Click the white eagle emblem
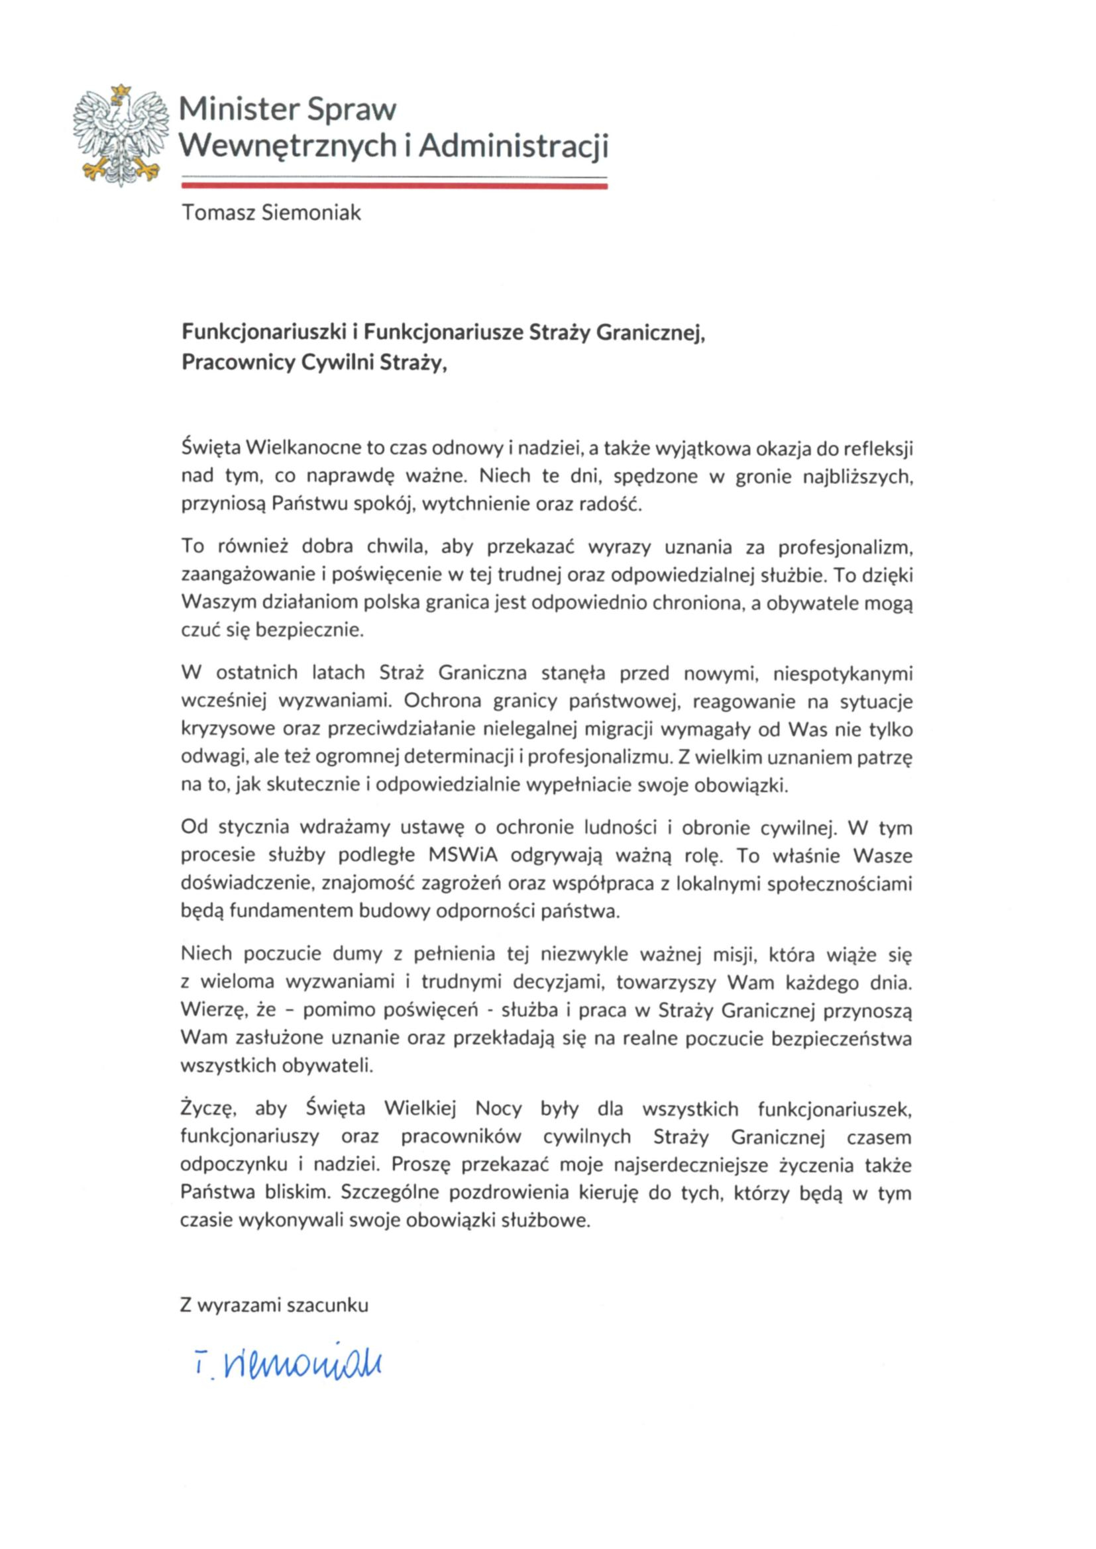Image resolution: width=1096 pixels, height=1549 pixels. (120, 134)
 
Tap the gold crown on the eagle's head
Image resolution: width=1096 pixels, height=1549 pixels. (121, 91)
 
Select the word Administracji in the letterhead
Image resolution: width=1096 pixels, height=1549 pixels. (514, 146)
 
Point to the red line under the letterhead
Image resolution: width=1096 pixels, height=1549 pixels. (395, 185)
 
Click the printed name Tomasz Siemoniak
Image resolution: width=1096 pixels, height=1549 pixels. (271, 213)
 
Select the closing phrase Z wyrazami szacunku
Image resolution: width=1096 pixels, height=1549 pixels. (274, 1305)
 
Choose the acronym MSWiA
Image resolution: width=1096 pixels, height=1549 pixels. (463, 856)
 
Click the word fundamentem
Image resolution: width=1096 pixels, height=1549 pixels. (292, 911)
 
